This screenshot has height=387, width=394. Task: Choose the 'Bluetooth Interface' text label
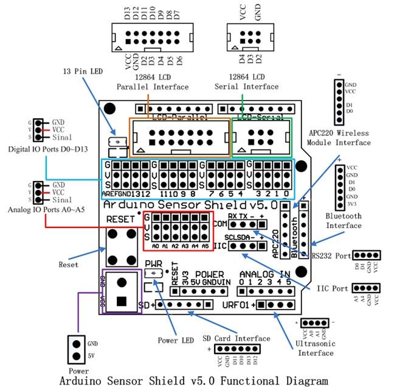tap(344, 221)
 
